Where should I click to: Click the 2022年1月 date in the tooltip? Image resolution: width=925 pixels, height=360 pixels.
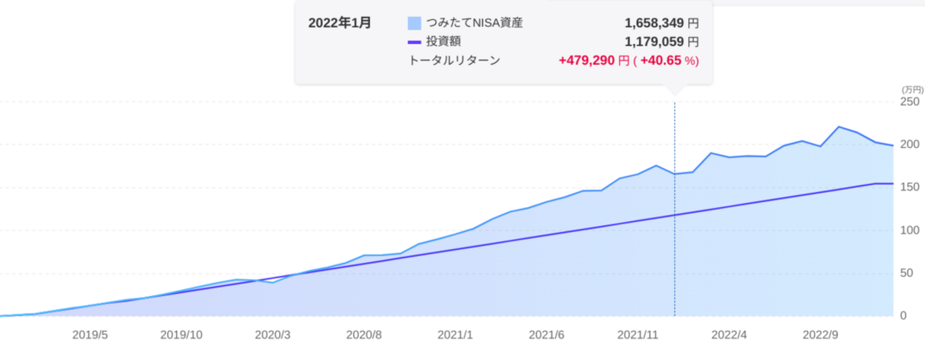point(339,23)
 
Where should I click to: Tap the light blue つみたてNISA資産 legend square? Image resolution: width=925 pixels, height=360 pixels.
point(414,23)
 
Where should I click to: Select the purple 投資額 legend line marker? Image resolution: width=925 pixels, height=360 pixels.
point(414,42)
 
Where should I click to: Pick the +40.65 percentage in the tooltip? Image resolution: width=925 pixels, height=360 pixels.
point(661,61)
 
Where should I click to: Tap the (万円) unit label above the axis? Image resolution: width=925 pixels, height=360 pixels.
point(911,90)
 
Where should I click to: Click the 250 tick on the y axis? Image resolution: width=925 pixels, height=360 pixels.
point(911,102)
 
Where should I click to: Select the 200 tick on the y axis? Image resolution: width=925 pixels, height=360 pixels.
point(911,144)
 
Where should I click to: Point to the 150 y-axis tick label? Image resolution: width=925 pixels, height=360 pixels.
point(911,187)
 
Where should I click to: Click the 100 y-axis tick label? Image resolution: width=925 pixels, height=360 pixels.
point(911,230)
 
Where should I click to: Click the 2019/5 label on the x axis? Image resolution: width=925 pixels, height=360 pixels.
point(90,334)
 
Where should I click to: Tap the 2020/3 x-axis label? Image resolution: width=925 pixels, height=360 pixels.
point(273,334)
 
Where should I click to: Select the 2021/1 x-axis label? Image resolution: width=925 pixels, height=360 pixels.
point(455,334)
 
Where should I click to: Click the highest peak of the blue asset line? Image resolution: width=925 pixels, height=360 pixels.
point(839,127)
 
